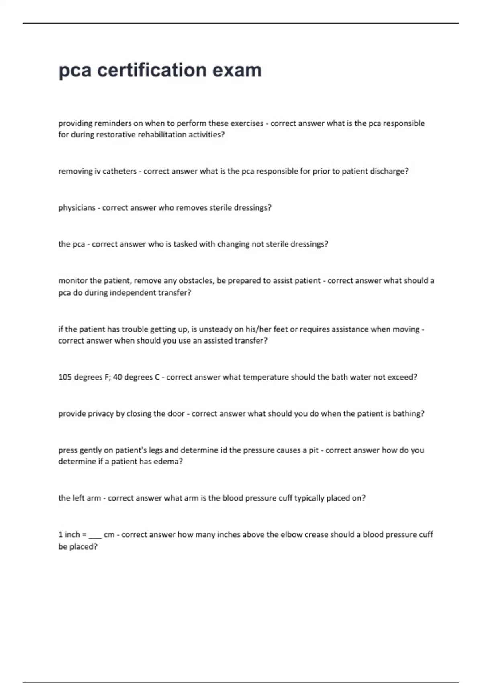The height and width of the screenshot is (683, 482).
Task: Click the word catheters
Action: point(120,171)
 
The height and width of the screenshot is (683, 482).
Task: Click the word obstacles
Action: point(196,281)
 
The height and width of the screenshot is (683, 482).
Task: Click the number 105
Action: point(65,377)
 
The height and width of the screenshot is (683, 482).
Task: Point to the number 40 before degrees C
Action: point(118,377)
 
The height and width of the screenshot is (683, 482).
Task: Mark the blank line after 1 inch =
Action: point(95,536)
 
